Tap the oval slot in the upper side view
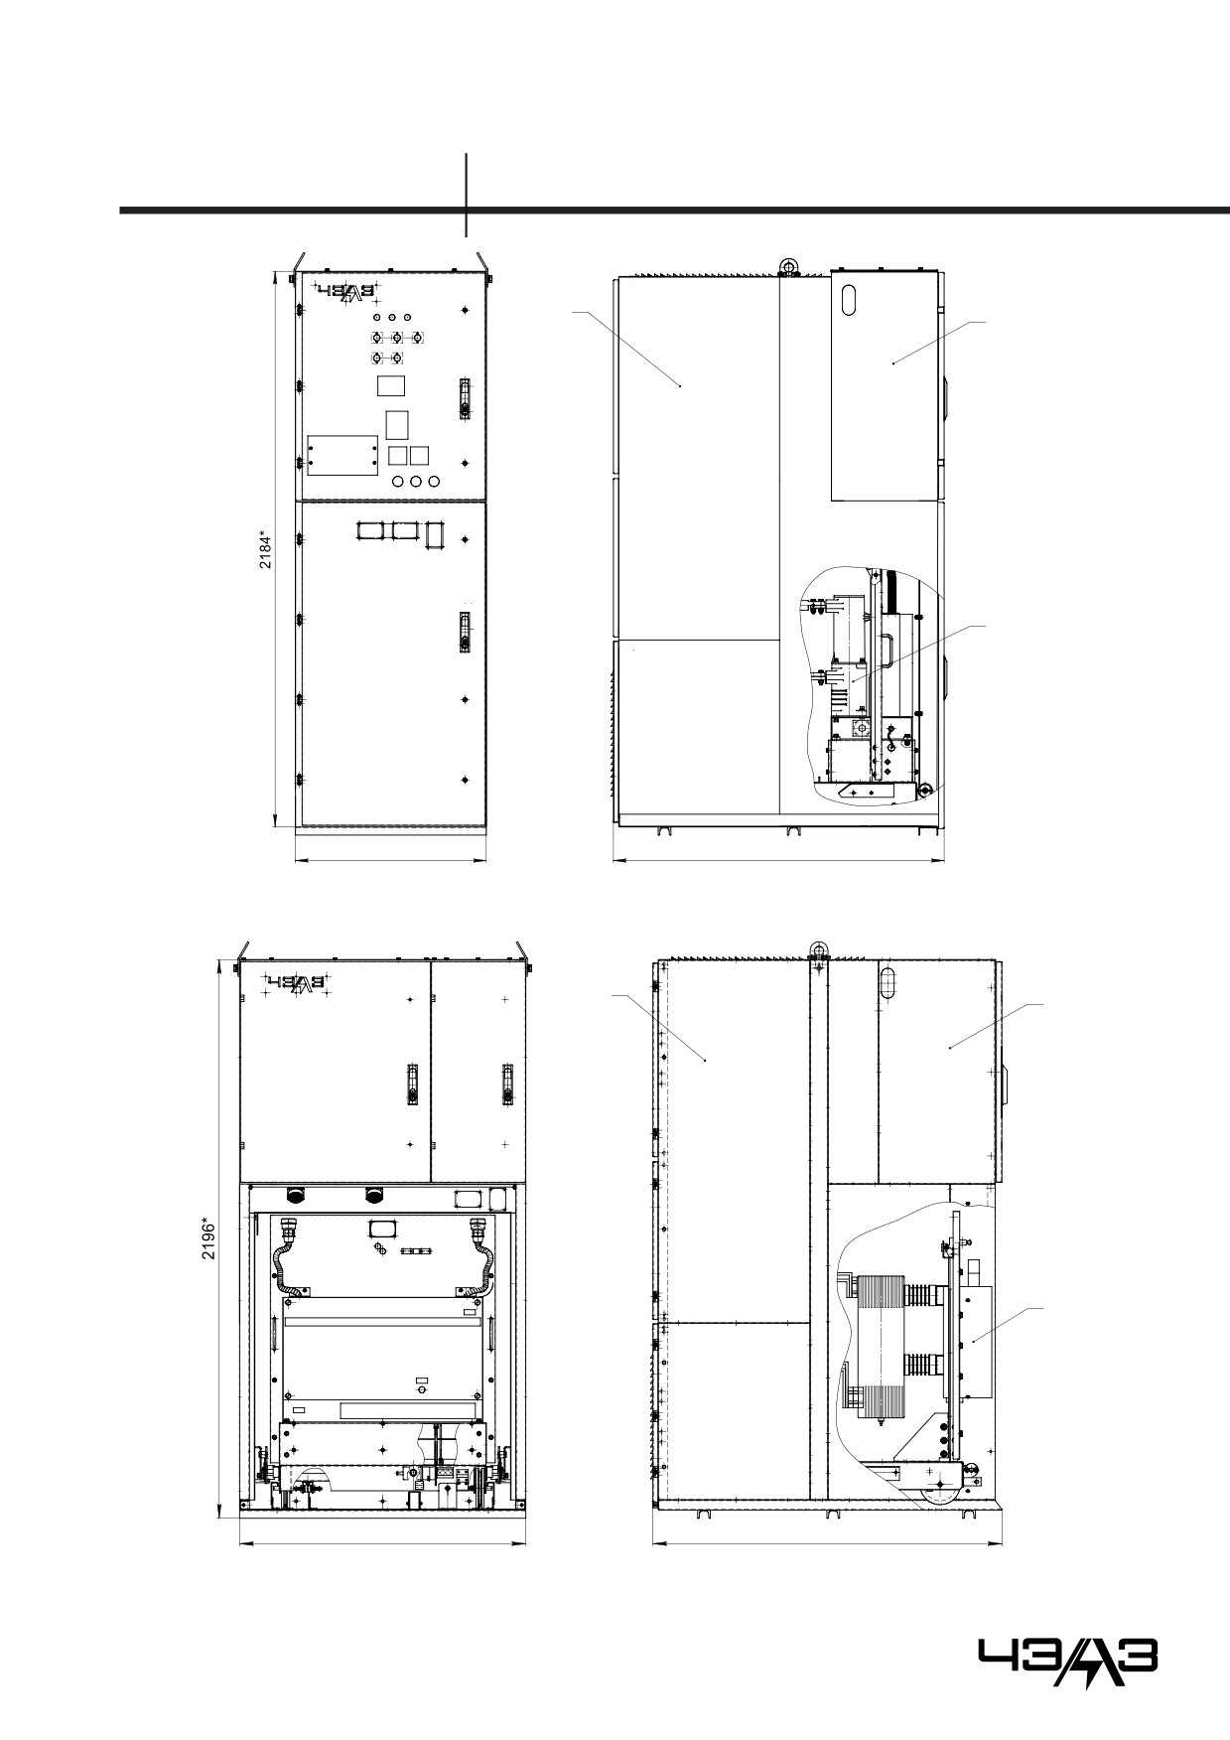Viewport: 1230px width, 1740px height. coord(848,300)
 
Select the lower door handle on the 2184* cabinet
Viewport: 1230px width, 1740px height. coord(463,633)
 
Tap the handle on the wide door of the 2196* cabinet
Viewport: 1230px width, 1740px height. coord(411,1084)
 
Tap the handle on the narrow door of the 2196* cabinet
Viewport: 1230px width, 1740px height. coord(506,1084)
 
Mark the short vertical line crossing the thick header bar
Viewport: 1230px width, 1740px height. coord(466,195)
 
